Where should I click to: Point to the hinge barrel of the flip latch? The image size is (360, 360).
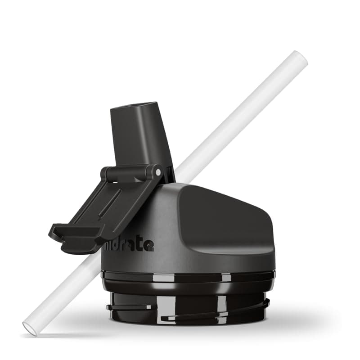[x=130, y=172]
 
